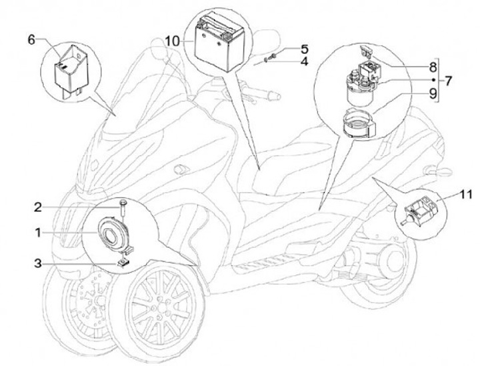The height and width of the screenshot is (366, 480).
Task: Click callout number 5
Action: coord(304,49)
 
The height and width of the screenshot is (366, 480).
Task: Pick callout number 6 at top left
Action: coord(31,39)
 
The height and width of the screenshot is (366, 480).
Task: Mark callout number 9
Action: coord(432,94)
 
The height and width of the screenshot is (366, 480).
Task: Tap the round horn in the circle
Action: coord(111,233)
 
